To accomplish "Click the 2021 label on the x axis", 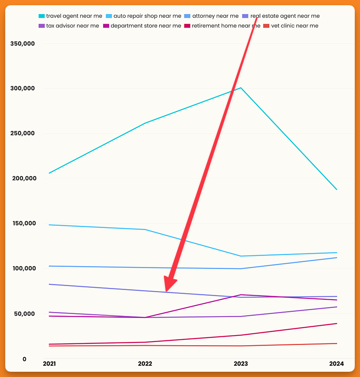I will click(x=49, y=364).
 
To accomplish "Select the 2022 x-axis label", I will click(x=145, y=364).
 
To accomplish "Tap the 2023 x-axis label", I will click(x=241, y=364).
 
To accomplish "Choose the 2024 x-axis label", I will click(x=336, y=364).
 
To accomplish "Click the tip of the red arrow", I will click(x=166, y=291).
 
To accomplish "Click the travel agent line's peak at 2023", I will click(x=241, y=88).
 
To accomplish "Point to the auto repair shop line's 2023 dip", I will click(x=241, y=256).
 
